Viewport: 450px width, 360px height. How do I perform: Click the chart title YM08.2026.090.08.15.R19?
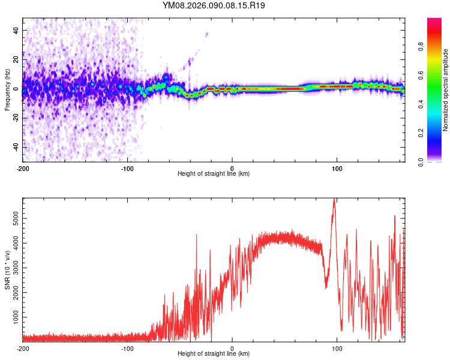click(214, 5)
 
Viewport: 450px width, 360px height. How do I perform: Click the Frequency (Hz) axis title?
click(7, 90)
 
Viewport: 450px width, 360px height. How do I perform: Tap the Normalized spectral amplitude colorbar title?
click(445, 90)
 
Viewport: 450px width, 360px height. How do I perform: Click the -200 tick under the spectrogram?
click(23, 168)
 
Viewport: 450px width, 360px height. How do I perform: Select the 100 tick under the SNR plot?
click(337, 348)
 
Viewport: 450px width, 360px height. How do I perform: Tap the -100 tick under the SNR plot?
click(127, 348)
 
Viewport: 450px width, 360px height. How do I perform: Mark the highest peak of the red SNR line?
click(334, 200)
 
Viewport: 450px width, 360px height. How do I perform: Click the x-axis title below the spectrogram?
click(214, 174)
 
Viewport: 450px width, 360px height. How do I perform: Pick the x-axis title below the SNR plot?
click(214, 354)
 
